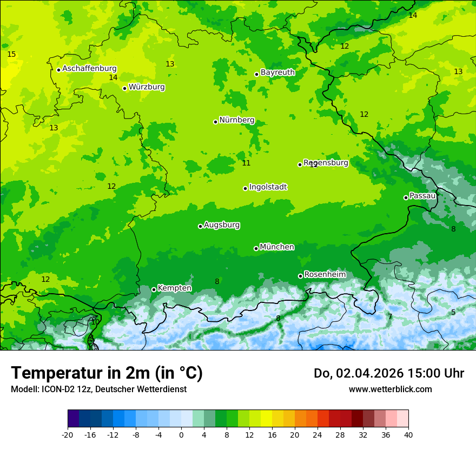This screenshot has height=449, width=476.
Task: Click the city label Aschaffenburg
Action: click(x=89, y=69)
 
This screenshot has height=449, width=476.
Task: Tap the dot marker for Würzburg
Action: click(x=124, y=88)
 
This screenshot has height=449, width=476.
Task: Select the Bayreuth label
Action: click(x=277, y=72)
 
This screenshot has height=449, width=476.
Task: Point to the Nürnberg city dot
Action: click(x=215, y=122)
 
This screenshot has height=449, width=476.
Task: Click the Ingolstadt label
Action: click(x=268, y=187)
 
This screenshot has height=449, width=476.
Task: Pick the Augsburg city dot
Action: click(x=200, y=226)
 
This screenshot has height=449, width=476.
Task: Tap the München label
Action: click(x=277, y=247)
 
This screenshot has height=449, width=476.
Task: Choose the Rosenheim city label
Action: click(x=325, y=275)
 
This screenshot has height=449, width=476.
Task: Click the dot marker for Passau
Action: click(x=406, y=197)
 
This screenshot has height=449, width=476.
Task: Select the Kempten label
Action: click(x=174, y=288)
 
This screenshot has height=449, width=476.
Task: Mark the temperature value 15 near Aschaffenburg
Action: click(x=11, y=54)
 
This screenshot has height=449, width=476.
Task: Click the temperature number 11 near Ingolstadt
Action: click(x=246, y=163)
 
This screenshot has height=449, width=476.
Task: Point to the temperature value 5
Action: click(x=453, y=312)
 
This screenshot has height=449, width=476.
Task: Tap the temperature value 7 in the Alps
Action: click(x=390, y=316)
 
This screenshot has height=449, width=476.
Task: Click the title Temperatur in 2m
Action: click(x=107, y=373)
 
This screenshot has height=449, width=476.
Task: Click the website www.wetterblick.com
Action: click(x=390, y=389)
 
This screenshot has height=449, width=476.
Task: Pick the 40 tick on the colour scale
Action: click(x=408, y=434)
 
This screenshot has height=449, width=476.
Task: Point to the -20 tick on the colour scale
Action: click(x=68, y=434)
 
